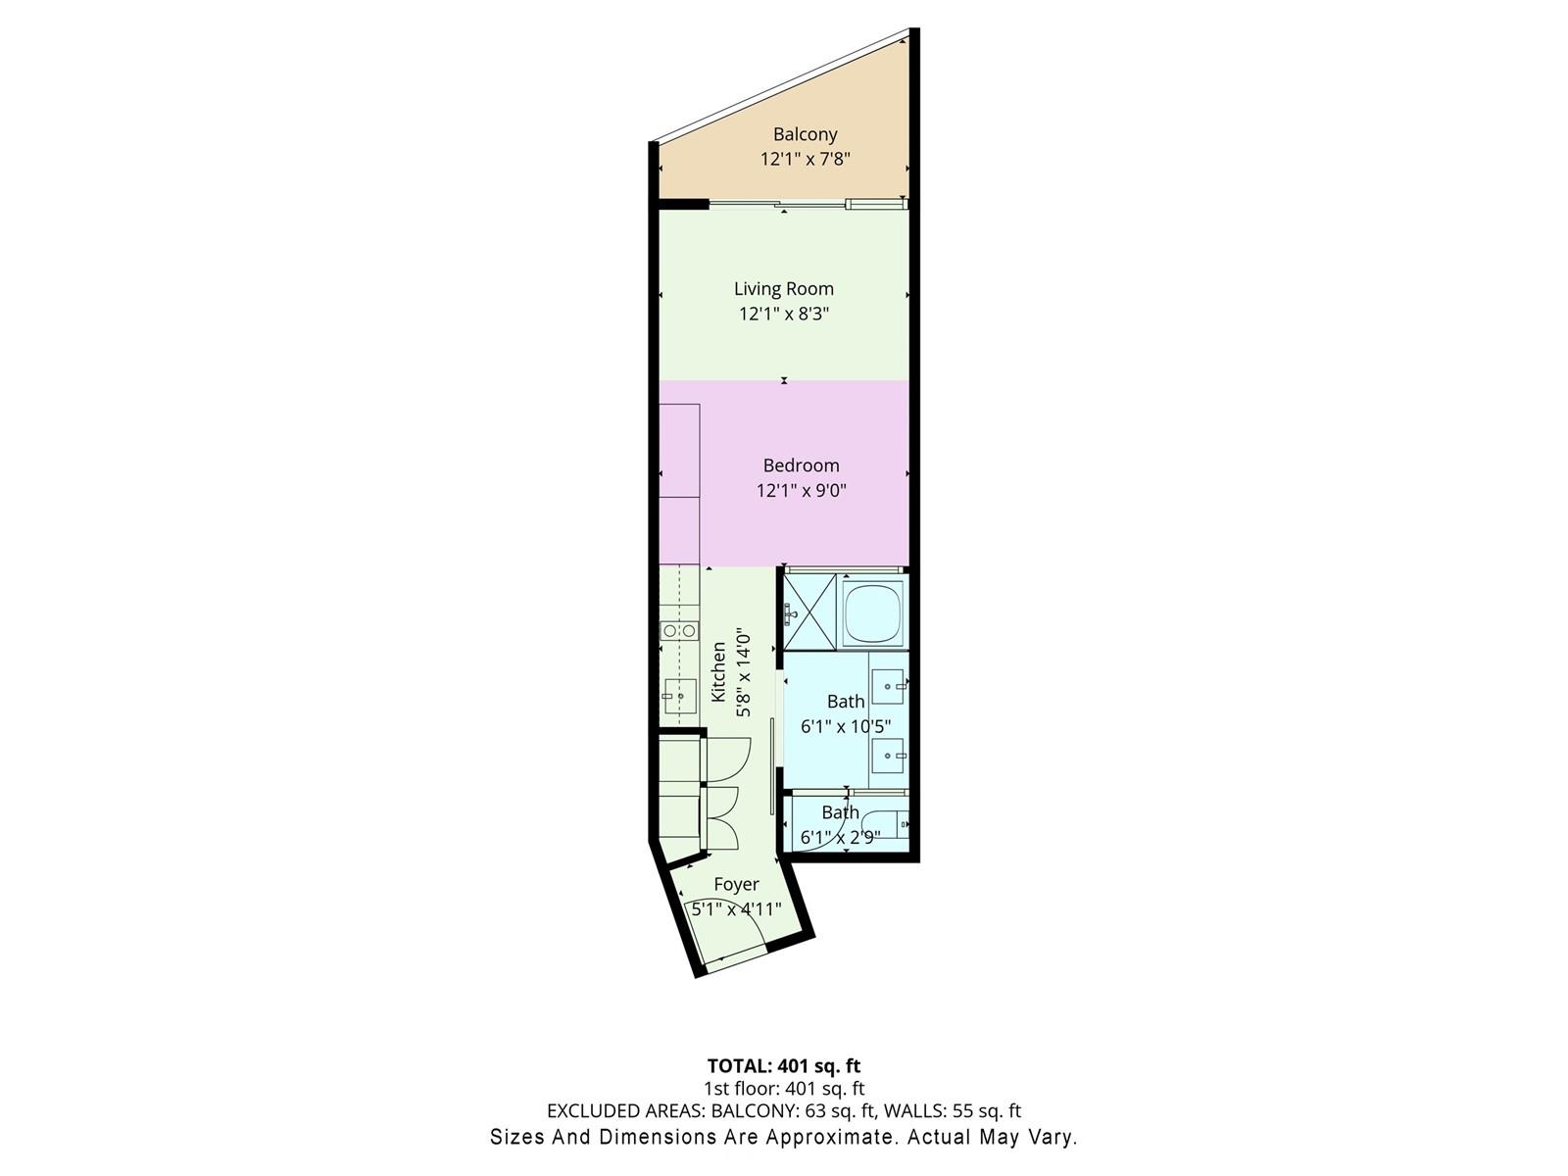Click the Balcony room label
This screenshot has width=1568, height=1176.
coord(806,134)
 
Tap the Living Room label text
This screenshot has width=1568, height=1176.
coord(784,288)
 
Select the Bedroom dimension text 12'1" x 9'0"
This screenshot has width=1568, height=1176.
coord(802,491)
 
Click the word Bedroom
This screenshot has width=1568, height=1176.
coord(801,465)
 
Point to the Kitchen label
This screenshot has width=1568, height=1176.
coord(718,671)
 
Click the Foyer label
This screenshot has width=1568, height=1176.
coord(736,884)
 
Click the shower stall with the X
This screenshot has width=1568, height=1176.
coord(809,612)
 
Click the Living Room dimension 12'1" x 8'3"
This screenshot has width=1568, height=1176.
coord(784,314)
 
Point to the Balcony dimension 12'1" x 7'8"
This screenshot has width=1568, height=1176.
coord(806,159)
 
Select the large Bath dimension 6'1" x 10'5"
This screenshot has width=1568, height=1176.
coord(846,726)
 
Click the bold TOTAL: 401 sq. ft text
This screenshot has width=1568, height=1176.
coord(784,1066)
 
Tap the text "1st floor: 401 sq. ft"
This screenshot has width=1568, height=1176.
coord(784,1088)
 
